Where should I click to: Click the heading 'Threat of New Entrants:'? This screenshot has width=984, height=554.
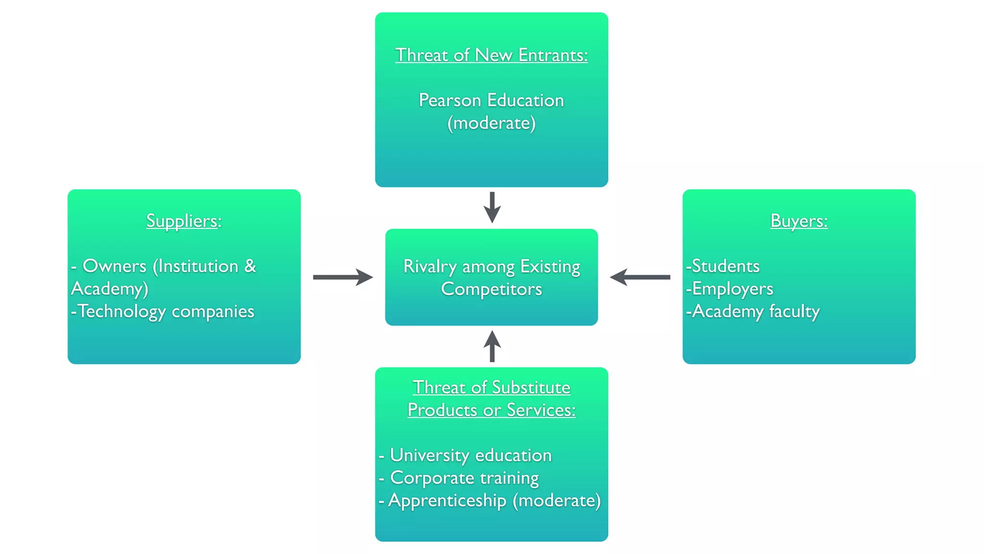tap(491, 55)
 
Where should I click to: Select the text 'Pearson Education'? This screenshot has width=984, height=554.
tap(491, 101)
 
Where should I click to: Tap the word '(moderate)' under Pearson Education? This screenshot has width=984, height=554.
tap(491, 124)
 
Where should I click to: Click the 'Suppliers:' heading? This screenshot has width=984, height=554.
tap(184, 221)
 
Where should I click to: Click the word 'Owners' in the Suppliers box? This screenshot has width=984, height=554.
tap(114, 266)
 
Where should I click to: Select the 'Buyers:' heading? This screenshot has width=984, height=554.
tap(799, 221)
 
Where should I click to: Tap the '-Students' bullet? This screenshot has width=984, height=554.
tap(723, 266)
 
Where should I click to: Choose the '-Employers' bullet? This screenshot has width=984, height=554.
tap(729, 289)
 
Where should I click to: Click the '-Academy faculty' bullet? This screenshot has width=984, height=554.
tap(752, 312)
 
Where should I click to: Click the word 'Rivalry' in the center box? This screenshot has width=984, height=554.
tap(430, 267)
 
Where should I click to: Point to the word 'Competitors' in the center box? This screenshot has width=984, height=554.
tap(491, 290)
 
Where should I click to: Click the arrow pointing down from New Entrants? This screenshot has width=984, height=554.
tap(492, 207)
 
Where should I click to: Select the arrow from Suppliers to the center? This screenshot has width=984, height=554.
tap(343, 277)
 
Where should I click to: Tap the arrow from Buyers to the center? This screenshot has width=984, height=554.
tap(640, 277)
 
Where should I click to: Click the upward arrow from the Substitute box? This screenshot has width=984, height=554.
tap(492, 346)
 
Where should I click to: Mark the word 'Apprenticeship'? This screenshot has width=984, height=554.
tap(447, 501)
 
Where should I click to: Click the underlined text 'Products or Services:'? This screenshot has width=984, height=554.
tap(491, 410)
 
